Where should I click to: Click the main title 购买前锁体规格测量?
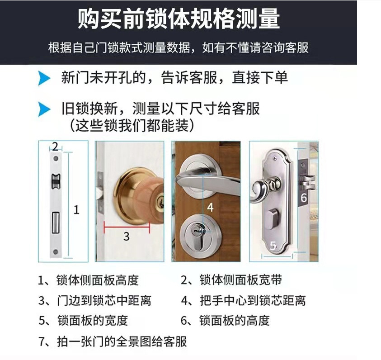179,19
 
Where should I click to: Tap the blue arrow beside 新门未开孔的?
44,78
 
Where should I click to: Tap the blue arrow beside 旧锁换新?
44,109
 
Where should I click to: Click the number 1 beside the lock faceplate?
76,209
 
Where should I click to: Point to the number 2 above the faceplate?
55,147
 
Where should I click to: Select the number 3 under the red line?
127,236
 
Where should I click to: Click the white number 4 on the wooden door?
210,207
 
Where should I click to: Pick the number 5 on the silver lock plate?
273,246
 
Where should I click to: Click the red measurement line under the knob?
127,227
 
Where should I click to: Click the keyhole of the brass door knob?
160,202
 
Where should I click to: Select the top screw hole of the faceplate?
56,159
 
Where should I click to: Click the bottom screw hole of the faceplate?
56,252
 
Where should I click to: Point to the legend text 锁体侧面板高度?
98,280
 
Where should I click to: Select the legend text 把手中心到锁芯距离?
253,300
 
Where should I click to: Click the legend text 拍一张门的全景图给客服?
122,341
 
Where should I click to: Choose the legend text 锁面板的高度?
235,321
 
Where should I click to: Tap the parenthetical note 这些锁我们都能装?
132,126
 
